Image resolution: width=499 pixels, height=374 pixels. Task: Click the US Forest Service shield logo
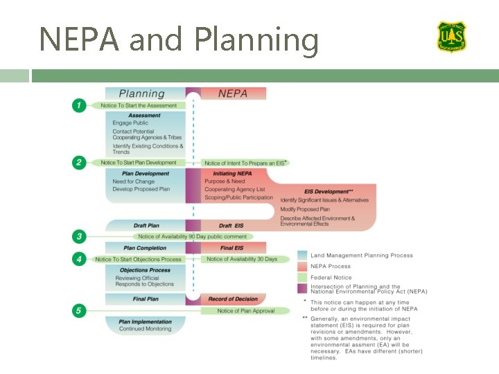point(451,36)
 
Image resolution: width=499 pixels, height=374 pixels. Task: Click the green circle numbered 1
point(79,105)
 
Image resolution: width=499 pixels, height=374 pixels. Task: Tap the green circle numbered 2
point(79,163)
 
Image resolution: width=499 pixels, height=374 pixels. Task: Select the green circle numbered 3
point(79,237)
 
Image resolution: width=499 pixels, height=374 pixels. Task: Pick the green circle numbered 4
point(79,259)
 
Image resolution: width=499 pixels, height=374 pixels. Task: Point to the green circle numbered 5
point(79,311)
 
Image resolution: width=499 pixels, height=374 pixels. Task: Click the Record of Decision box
point(233,299)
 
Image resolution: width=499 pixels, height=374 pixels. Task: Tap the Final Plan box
point(146,299)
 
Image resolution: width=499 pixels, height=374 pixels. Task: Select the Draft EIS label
point(231,226)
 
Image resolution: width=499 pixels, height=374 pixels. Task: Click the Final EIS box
point(231,248)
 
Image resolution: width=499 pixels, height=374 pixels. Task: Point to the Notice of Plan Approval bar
point(245,311)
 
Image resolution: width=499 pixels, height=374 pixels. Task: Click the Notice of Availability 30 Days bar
point(241,259)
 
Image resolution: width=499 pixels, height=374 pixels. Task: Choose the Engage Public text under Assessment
point(130,123)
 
